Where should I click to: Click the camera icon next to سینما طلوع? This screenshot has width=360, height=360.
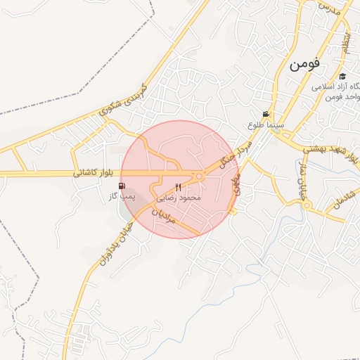[265, 114]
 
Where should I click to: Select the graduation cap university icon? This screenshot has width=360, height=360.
[342, 76]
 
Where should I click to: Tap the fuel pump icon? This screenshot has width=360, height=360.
[124, 186]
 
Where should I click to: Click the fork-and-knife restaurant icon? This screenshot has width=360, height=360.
[177, 187]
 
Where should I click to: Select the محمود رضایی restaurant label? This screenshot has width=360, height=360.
[181, 198]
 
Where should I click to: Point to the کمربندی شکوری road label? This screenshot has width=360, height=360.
[121, 101]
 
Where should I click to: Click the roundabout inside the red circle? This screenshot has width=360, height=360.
[199, 176]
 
